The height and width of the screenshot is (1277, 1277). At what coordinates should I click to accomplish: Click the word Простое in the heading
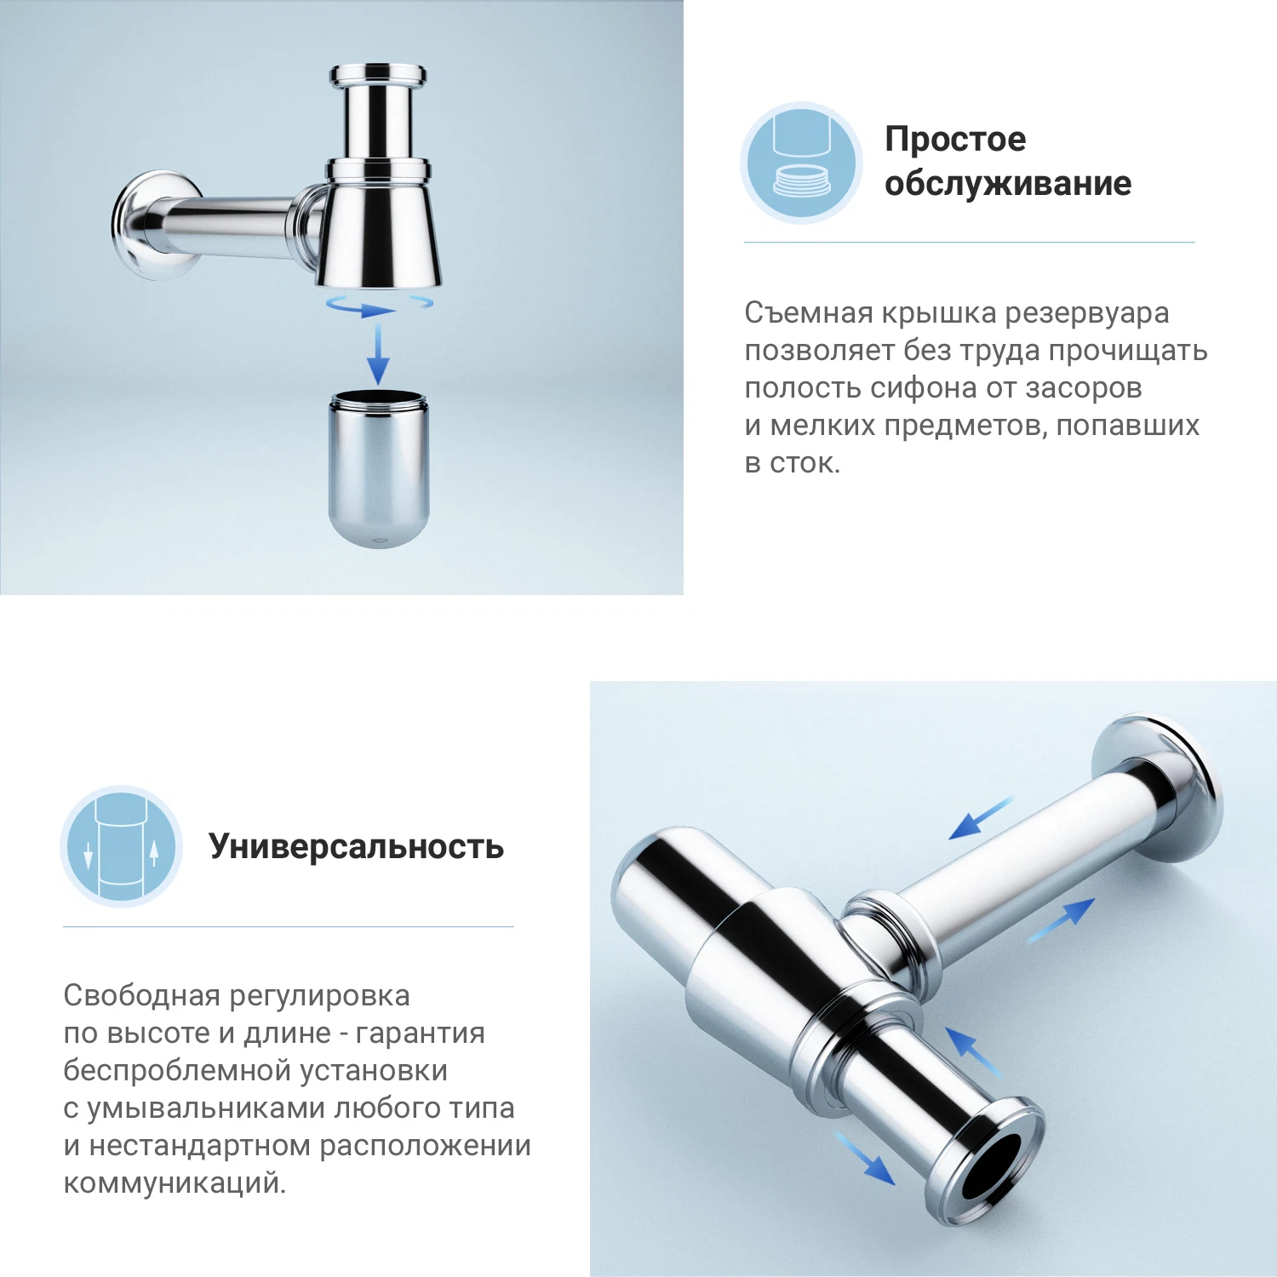[x=955, y=140]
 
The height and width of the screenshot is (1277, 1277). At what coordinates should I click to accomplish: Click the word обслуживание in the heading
[x=1008, y=184]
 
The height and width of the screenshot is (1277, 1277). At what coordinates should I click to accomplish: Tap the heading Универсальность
[x=356, y=847]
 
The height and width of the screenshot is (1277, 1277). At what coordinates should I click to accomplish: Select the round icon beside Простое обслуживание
[x=801, y=163]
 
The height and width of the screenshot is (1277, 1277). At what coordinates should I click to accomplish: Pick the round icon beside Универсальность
[x=122, y=846]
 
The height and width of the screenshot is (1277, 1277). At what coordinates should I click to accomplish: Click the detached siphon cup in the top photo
[x=379, y=468]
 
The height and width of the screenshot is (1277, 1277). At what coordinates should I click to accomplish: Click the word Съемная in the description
[x=809, y=313]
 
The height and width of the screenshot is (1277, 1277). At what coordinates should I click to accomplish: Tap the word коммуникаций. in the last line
[x=175, y=1183]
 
